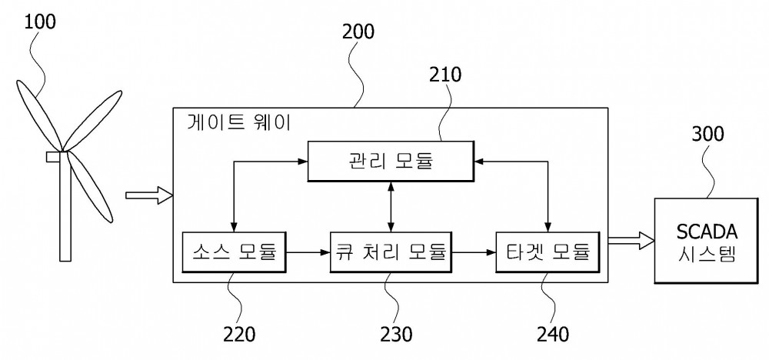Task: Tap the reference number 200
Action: [358, 32]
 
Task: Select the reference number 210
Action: [445, 75]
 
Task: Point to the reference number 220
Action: [239, 335]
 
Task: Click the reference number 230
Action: [396, 335]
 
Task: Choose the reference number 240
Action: [553, 335]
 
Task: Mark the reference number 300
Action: [707, 134]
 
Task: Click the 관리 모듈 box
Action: [391, 162]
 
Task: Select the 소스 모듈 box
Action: [234, 252]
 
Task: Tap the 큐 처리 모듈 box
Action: [391, 252]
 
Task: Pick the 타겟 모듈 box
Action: [548, 252]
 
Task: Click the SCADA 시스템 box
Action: [706, 240]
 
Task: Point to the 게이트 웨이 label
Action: [239, 123]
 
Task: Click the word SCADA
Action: [706, 231]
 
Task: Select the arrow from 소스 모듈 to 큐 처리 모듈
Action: [308, 252]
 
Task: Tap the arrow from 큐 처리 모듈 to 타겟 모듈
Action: [473, 252]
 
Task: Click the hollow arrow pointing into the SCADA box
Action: [631, 240]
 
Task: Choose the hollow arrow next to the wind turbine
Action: [150, 195]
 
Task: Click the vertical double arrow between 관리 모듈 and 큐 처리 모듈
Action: [391, 207]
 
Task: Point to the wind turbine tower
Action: [65, 206]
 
